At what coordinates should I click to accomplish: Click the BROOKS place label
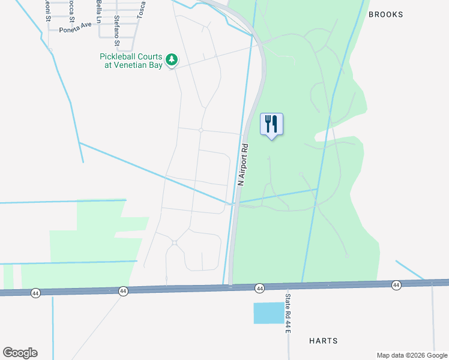click(x=385, y=14)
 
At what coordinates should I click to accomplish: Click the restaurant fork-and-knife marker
click(x=271, y=124)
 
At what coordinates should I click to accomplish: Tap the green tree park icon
click(x=172, y=59)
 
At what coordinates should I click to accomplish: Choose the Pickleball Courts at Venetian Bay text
click(x=131, y=61)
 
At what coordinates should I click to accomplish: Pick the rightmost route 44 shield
click(x=396, y=284)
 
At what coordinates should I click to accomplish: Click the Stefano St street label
click(x=117, y=31)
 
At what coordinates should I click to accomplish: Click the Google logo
click(x=20, y=353)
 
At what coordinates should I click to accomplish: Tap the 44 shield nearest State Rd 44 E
click(x=259, y=288)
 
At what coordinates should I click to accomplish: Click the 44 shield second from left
click(x=122, y=291)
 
